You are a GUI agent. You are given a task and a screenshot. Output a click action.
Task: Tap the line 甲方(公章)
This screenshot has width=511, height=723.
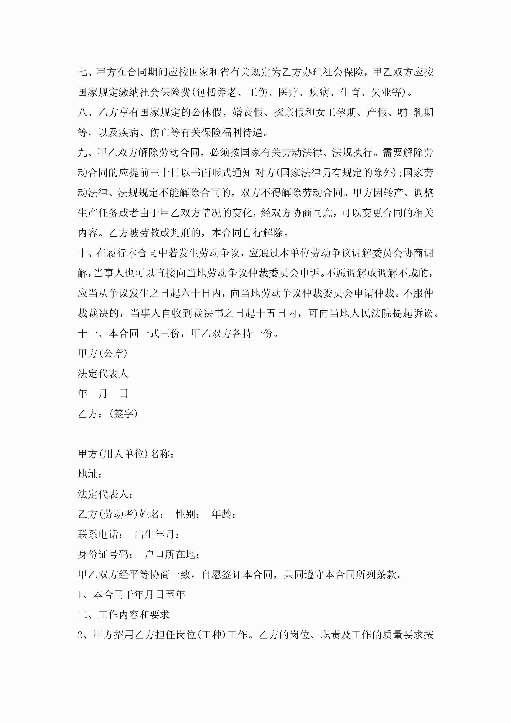103,354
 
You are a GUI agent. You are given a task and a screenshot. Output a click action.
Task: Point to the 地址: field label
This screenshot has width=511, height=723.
90,474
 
